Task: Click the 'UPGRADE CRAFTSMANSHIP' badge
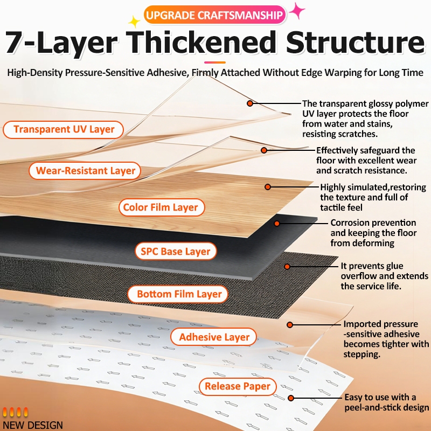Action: click(214, 15)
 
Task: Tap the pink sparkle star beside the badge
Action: click(297, 11)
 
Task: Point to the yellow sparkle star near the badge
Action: click(134, 22)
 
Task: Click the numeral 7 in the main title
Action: click(16, 43)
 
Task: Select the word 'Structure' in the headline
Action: click(356, 42)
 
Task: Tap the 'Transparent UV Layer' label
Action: click(64, 129)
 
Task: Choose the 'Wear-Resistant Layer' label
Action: click(85, 171)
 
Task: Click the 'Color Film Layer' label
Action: click(162, 207)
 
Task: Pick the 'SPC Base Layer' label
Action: click(176, 251)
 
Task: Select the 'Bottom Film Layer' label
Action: click(178, 294)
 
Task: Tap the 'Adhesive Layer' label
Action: click(214, 337)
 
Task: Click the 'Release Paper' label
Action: click(238, 386)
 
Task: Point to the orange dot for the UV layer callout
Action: click(250, 103)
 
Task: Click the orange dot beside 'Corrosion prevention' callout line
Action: click(277, 224)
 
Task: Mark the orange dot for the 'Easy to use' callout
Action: click(291, 398)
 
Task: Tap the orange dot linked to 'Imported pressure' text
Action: click(290, 325)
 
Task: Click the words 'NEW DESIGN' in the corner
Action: click(33, 425)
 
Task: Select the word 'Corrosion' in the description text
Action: click(347, 223)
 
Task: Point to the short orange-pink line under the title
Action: click(214, 62)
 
